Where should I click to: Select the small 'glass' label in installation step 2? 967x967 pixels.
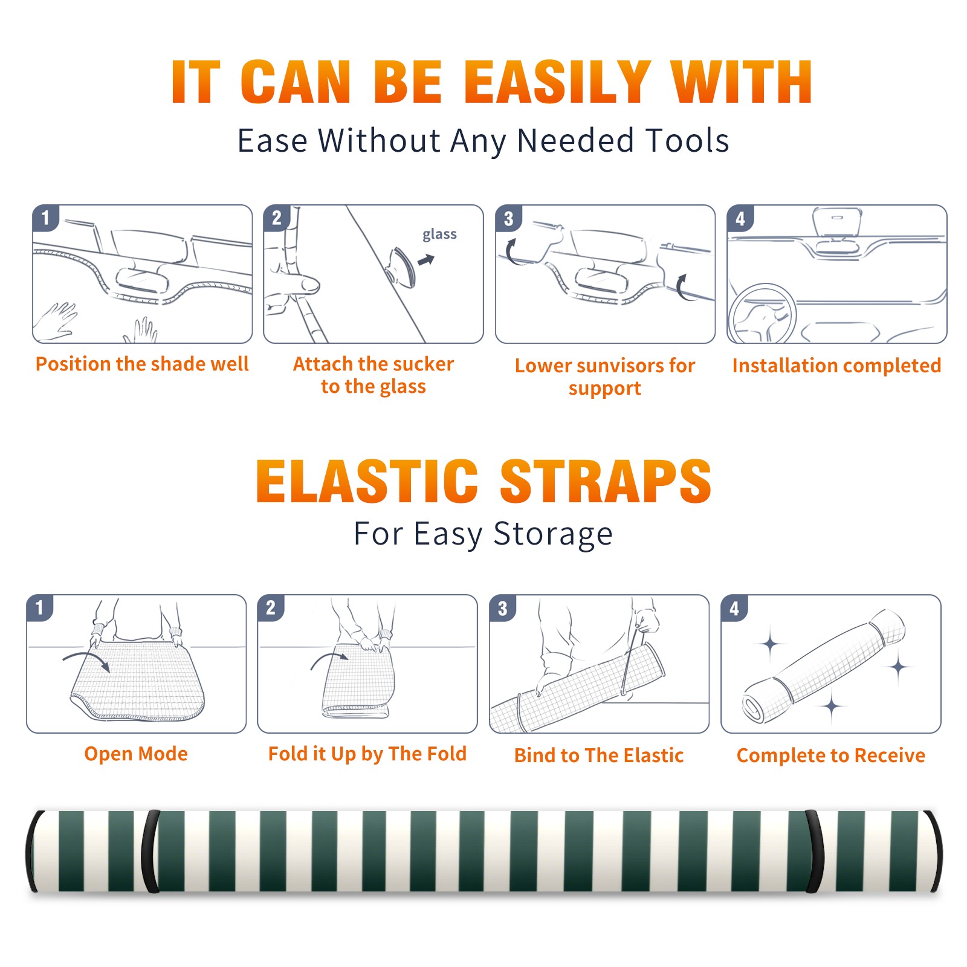click(439, 235)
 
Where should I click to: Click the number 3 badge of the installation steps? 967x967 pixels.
click(508, 218)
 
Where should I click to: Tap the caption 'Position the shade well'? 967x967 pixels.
click(142, 364)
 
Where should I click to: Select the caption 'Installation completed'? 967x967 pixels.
click(836, 366)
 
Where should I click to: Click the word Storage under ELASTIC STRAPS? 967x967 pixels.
click(552, 535)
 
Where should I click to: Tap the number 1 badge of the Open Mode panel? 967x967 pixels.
click(40, 607)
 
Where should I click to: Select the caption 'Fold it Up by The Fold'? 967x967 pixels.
click(367, 754)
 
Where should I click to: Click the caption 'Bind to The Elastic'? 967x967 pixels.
click(599, 755)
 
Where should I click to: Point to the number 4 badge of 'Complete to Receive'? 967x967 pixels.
click(734, 608)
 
